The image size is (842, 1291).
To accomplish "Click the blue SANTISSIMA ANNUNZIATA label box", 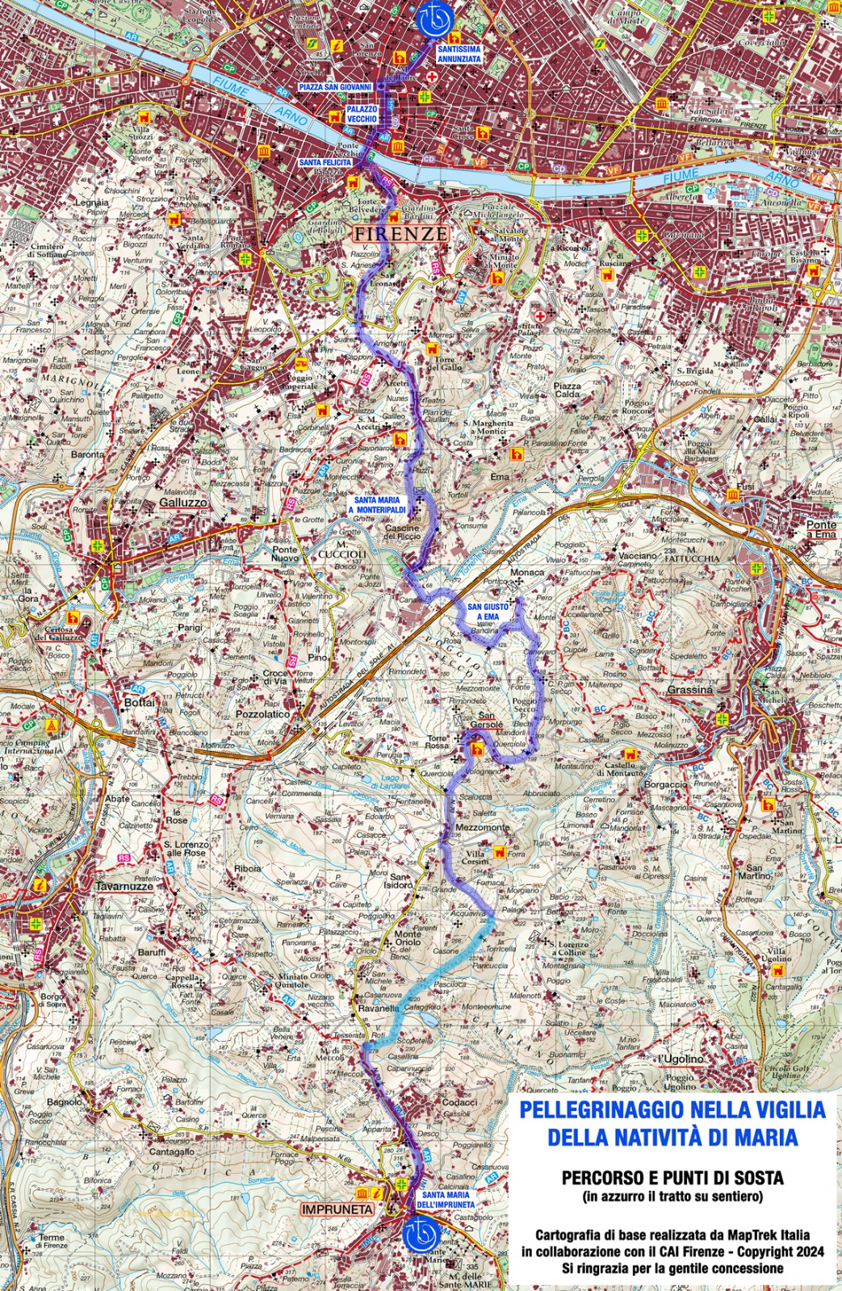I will (x=459, y=54).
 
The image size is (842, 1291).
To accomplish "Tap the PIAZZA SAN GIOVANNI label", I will (x=335, y=86).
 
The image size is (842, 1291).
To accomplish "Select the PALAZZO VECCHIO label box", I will (x=362, y=114).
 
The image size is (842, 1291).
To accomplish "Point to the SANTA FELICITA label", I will (x=325, y=162).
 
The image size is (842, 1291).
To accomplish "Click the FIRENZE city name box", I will (x=400, y=234).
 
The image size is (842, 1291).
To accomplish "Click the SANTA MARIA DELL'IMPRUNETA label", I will (x=445, y=1199).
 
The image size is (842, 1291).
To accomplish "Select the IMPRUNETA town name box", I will (x=337, y=1210).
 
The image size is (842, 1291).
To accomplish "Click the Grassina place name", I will (x=689, y=690).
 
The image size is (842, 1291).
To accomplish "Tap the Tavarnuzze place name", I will (x=124, y=886).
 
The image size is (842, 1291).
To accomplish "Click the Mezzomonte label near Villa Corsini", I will (x=483, y=828).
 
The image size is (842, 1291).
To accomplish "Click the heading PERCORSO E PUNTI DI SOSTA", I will (x=672, y=1179).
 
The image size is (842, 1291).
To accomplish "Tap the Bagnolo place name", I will (x=65, y=1101).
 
